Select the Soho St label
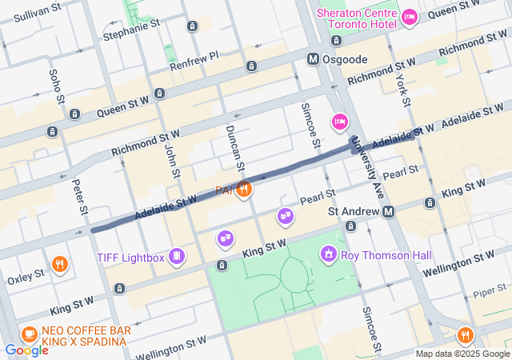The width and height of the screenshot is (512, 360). (x=57, y=86)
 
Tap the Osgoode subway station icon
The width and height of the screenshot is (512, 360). (x=314, y=58)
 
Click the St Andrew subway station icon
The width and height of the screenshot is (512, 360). (x=388, y=211)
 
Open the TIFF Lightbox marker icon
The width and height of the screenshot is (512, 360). (x=178, y=257)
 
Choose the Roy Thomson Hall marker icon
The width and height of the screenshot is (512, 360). (x=328, y=255)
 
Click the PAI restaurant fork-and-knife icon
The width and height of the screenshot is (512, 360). (x=245, y=190)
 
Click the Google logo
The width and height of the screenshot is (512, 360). (x=26, y=350)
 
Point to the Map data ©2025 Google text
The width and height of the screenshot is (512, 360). (x=462, y=354)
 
